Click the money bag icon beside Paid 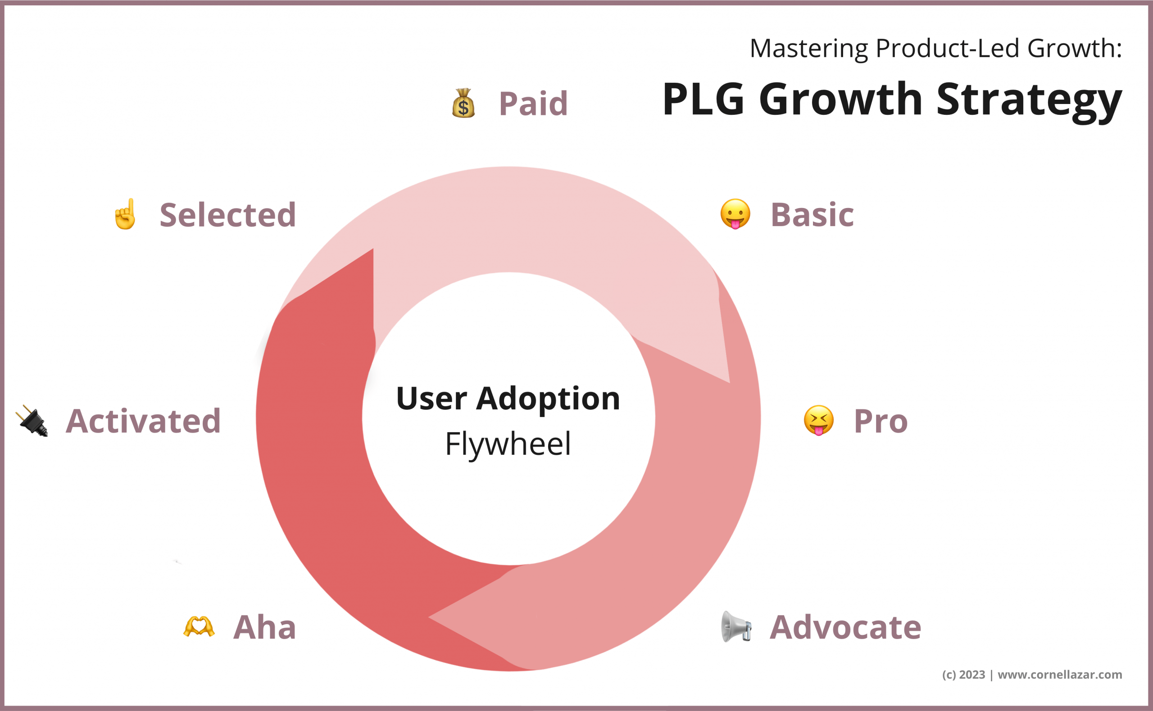click(x=463, y=104)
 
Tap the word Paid click(x=533, y=104)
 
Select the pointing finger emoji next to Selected click(x=126, y=214)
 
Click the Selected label click(x=227, y=215)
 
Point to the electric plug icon click(x=32, y=421)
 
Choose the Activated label click(x=143, y=421)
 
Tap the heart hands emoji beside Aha click(x=199, y=627)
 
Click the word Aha click(x=265, y=627)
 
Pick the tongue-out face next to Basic click(x=735, y=214)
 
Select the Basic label click(x=812, y=215)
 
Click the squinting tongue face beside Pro click(x=819, y=421)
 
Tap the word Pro click(x=880, y=421)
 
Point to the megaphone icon click(x=736, y=627)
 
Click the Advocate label click(x=845, y=627)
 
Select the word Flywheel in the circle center click(x=508, y=444)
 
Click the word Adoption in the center click(x=548, y=399)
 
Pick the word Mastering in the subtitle click(x=809, y=49)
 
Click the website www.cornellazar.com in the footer click(x=1060, y=675)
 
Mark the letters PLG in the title click(x=704, y=99)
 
